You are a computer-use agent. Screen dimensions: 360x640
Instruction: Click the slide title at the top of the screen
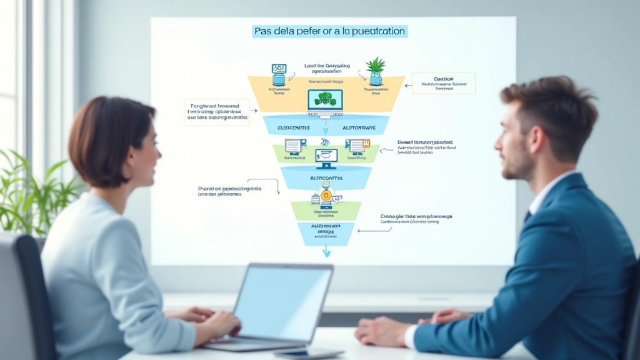329,31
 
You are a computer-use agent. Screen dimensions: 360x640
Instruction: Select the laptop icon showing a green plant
325,102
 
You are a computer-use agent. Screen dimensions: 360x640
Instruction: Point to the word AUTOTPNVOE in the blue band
359,127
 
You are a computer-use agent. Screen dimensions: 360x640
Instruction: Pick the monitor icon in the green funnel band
326,158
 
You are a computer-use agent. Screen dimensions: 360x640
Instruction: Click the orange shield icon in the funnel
326,196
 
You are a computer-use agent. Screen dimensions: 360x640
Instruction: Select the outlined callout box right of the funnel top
443,83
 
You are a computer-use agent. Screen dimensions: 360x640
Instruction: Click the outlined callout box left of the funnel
216,112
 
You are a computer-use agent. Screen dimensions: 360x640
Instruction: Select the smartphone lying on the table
299,353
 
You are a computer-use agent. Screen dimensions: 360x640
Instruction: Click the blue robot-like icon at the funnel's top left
279,74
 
